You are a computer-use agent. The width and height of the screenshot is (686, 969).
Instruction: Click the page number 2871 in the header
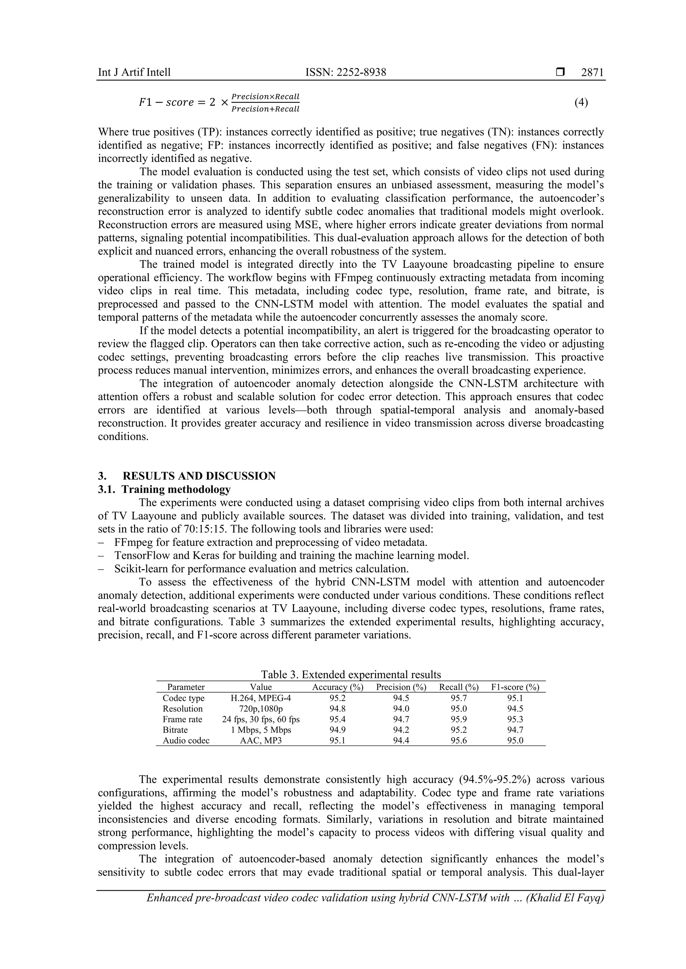592,73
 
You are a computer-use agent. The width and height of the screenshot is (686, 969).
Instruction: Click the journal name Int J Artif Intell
134,73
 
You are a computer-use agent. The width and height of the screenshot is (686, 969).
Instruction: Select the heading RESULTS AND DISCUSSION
199,476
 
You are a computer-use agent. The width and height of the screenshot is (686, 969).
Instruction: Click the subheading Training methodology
176,490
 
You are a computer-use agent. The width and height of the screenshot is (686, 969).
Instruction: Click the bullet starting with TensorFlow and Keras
291,555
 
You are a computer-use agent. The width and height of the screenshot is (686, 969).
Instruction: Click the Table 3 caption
351,675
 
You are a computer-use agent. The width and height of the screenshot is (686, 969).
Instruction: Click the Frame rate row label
183,719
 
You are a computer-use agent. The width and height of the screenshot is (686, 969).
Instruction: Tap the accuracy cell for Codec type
338,698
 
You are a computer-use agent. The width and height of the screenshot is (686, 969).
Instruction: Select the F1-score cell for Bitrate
515,730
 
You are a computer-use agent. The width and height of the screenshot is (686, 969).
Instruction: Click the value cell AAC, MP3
261,740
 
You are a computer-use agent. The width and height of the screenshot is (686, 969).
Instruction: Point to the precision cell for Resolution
401,709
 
